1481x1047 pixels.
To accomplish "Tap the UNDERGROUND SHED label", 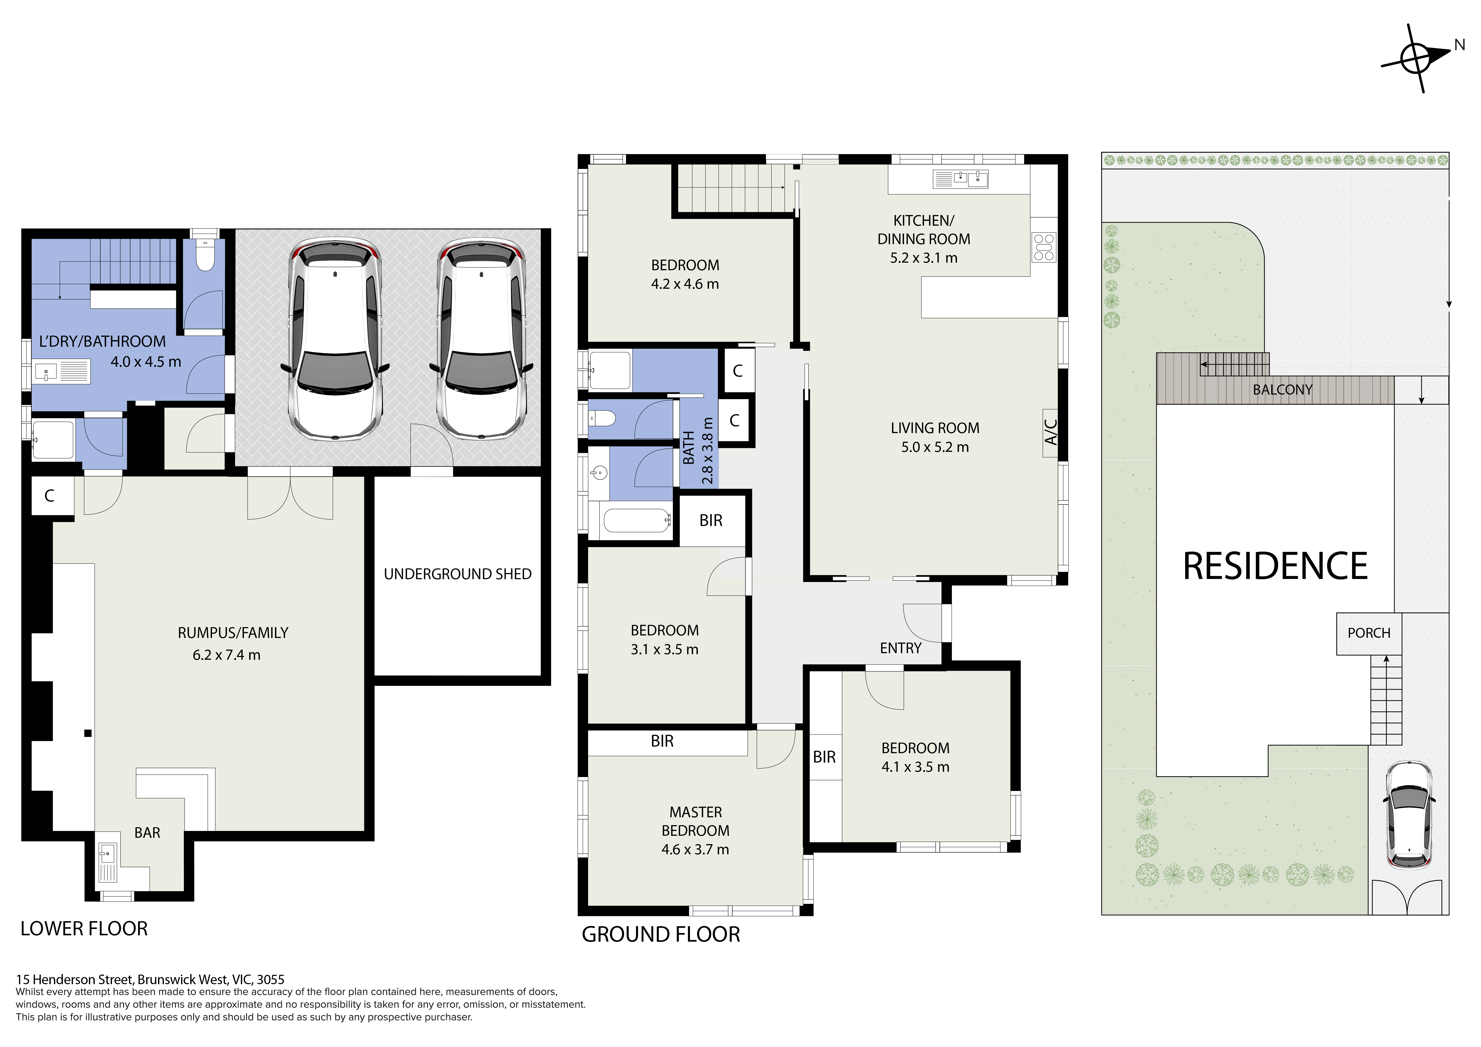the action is (x=457, y=574).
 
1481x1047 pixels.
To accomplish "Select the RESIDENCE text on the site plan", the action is (x=1275, y=566).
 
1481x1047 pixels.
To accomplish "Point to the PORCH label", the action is (x=1369, y=633).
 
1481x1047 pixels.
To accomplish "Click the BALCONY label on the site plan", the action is (x=1282, y=390).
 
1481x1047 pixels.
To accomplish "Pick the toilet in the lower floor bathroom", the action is (x=205, y=256).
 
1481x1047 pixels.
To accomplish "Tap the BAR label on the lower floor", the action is (x=147, y=833).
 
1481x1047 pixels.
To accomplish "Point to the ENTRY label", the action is (x=900, y=648).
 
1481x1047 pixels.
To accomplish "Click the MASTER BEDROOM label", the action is (x=695, y=821).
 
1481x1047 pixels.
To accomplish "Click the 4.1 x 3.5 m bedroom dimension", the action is (x=915, y=767).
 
